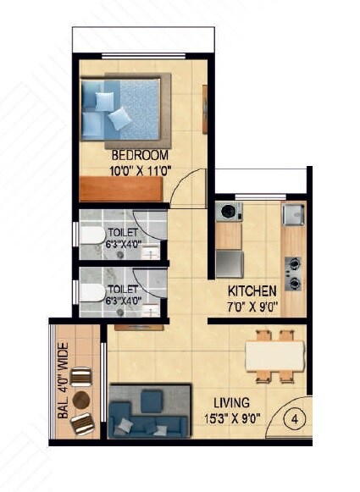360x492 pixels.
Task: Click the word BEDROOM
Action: click(140, 156)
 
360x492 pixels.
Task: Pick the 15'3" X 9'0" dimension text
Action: click(230, 417)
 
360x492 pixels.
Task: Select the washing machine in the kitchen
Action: click(227, 212)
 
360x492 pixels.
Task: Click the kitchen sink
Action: click(293, 214)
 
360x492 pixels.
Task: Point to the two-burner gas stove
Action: click(293, 272)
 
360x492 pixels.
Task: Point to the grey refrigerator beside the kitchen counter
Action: click(229, 264)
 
